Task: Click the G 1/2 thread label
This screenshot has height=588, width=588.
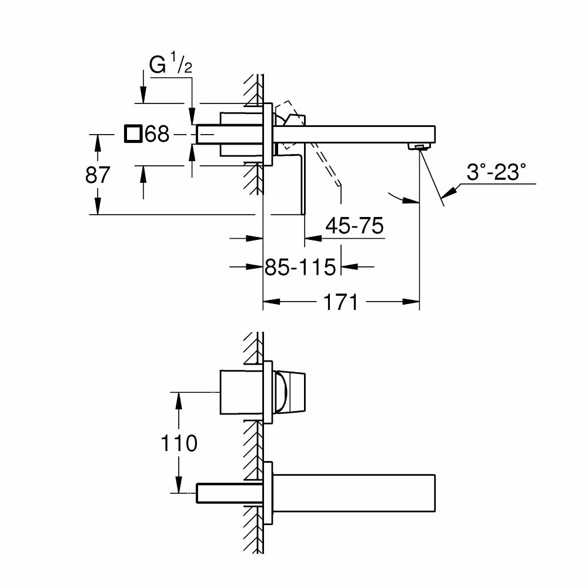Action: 171,65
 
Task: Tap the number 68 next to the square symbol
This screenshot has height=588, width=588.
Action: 157,135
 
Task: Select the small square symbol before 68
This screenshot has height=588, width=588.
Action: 133,135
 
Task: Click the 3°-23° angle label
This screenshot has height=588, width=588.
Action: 496,173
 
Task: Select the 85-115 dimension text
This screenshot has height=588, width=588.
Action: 300,268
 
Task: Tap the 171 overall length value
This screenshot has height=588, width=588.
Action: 340,303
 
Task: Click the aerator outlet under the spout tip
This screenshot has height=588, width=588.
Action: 418,146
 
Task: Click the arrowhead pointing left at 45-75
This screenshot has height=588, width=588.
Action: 312,239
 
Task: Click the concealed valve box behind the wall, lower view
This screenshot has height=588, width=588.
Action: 241,392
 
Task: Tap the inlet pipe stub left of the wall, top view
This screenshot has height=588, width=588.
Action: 206,134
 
